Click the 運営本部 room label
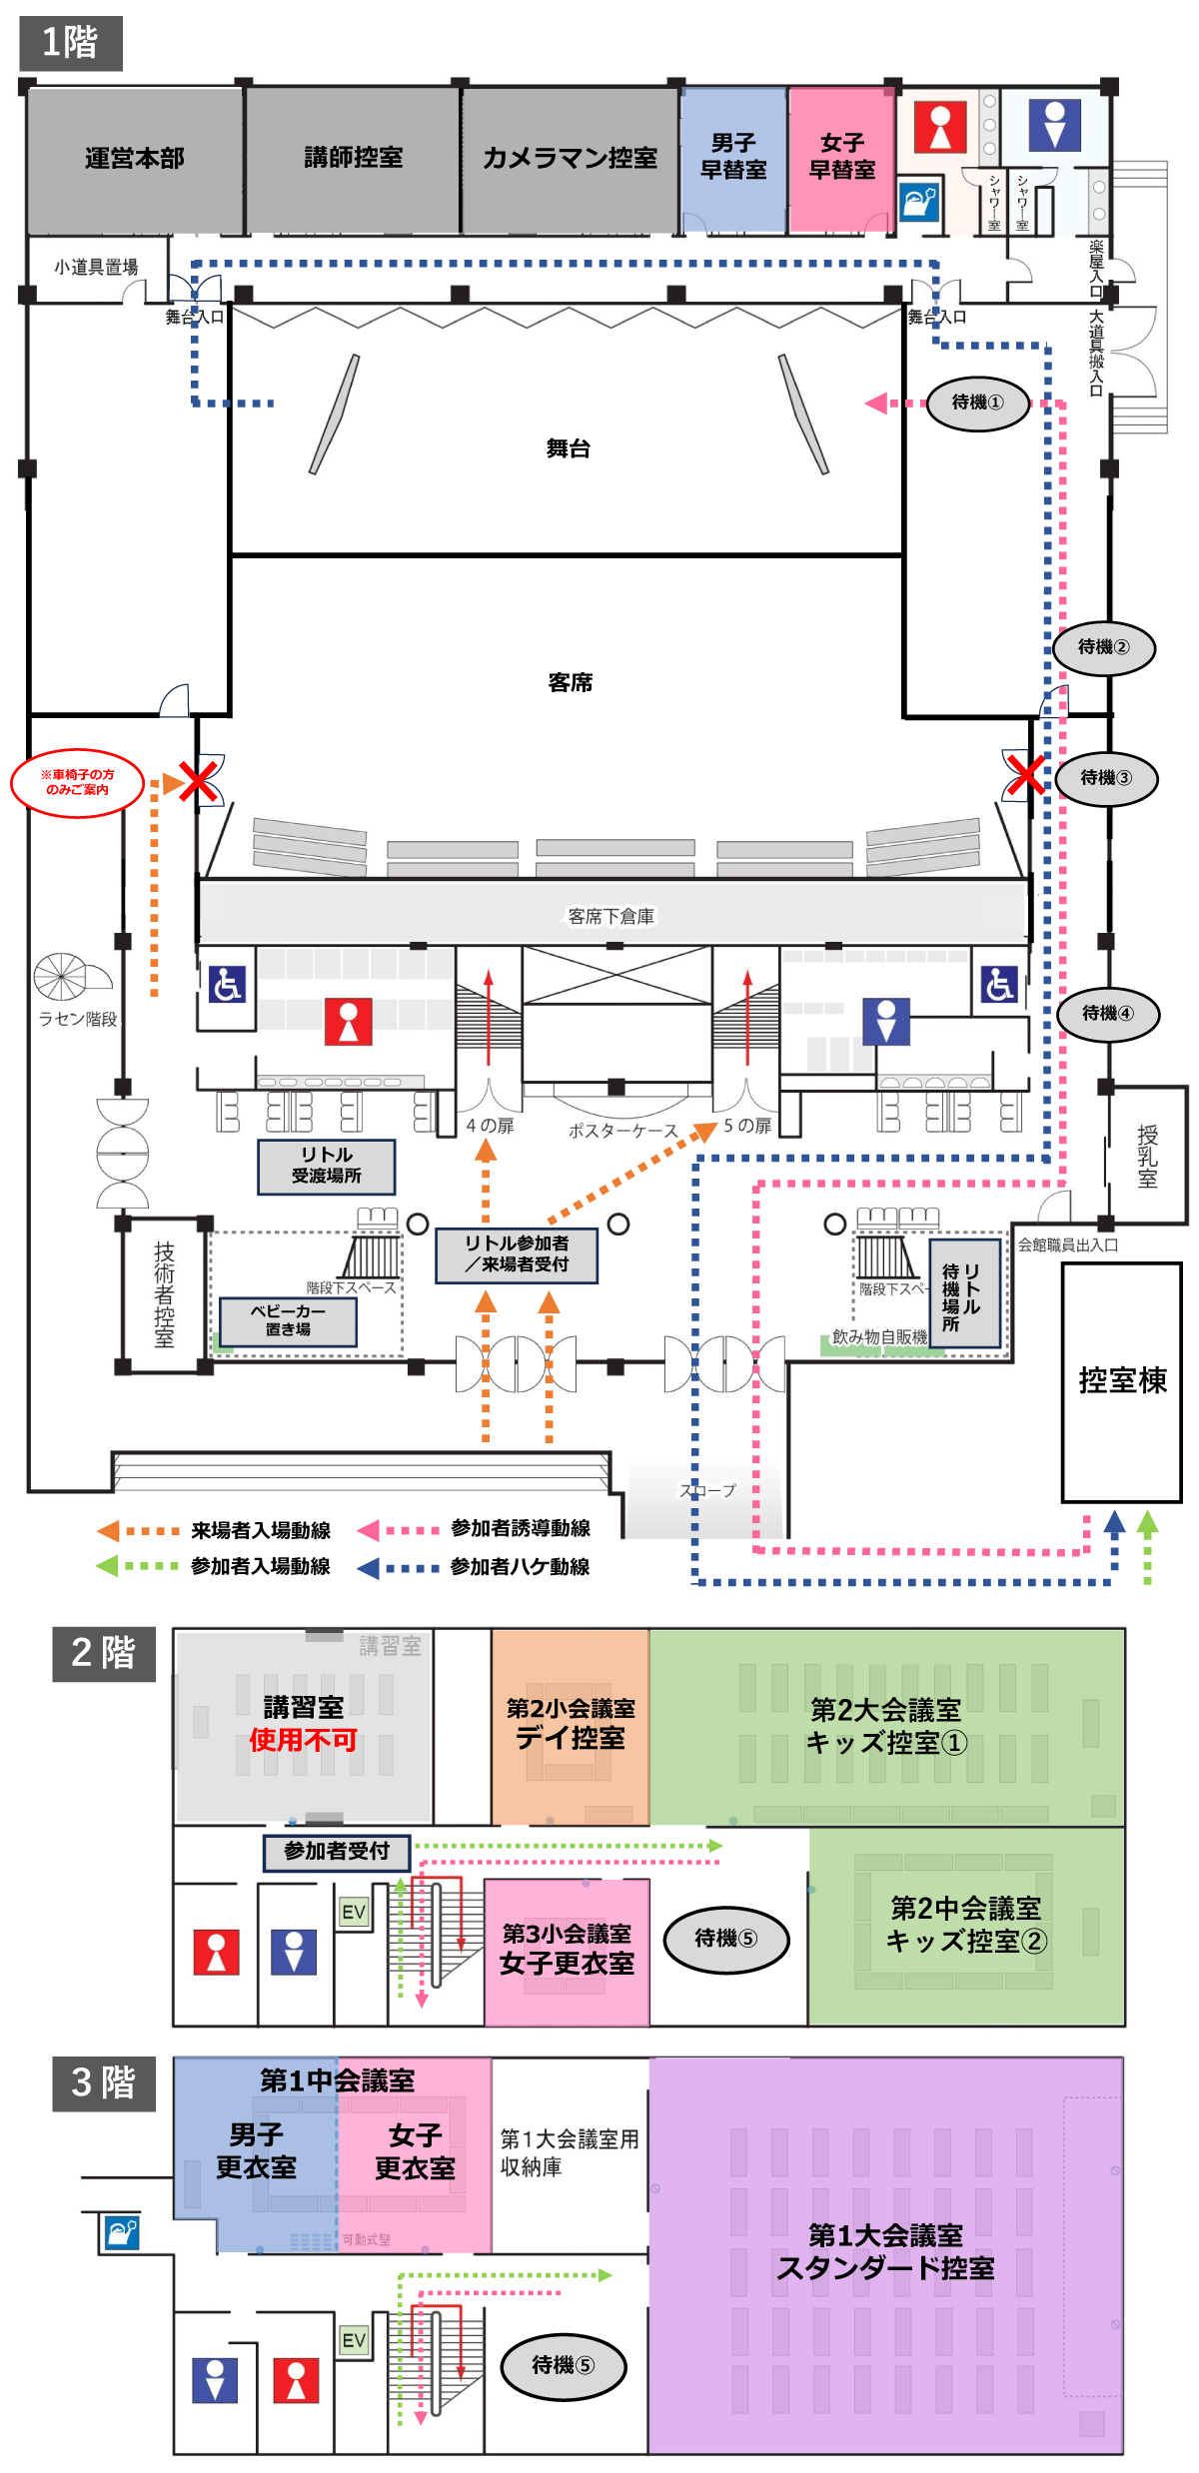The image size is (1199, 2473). [134, 158]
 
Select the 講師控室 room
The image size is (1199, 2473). [353, 158]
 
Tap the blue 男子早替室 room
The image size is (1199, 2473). [733, 158]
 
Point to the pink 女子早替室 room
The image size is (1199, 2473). [841, 158]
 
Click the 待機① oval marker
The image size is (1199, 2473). [977, 403]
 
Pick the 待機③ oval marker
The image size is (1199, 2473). [1106, 778]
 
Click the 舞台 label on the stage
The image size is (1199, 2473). [568, 448]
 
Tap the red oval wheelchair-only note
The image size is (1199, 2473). [77, 782]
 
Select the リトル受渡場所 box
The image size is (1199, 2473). [326, 1166]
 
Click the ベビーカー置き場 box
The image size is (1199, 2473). [288, 1320]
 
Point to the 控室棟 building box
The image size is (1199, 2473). [1121, 1381]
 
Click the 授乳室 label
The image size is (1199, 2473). [1147, 1156]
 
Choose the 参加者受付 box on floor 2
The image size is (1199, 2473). [337, 1851]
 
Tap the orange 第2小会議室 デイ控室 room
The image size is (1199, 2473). [570, 1725]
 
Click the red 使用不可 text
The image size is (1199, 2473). [303, 1741]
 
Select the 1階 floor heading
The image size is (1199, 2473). [70, 43]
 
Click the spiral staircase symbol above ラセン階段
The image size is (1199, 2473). [61, 976]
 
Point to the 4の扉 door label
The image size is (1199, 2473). [490, 1126]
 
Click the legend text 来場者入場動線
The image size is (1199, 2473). [261, 1530]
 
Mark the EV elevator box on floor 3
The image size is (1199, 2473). [354, 2340]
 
